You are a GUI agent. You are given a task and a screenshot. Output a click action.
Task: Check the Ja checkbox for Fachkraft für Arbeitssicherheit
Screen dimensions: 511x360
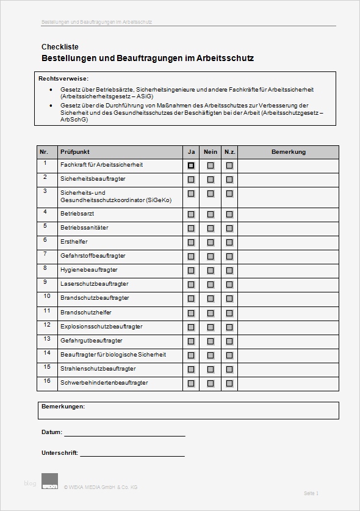[191, 165]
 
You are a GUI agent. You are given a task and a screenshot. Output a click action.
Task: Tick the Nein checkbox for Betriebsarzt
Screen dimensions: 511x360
[211, 214]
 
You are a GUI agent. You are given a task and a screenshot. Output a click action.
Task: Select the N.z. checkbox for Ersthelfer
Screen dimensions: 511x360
[229, 242]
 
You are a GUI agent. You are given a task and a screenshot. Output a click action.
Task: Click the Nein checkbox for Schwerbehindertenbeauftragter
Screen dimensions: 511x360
[211, 383]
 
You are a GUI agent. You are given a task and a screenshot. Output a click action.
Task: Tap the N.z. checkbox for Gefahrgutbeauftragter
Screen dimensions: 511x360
[229, 341]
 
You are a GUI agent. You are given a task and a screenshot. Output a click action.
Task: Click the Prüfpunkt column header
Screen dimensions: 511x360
[75, 152]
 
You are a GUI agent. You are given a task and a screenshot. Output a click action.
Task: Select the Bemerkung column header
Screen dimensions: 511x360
[288, 152]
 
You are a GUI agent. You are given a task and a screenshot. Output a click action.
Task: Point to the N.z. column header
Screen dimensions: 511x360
[229, 152]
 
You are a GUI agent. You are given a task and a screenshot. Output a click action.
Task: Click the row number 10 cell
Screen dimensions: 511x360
[47, 297]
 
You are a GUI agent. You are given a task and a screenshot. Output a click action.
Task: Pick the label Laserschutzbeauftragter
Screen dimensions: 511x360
[94, 284]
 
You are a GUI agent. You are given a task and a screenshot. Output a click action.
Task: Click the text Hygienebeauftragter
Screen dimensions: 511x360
[88, 270]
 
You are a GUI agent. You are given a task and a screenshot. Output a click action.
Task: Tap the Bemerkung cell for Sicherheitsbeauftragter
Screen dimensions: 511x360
[288, 179]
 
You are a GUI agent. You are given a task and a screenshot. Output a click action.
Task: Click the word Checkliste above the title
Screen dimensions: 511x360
[60, 47]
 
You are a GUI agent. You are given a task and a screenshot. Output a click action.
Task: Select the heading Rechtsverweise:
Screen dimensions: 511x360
[63, 79]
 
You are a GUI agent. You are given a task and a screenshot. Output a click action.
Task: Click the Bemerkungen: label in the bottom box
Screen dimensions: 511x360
[63, 407]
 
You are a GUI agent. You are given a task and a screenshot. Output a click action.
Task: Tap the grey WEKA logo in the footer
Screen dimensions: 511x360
[49, 481]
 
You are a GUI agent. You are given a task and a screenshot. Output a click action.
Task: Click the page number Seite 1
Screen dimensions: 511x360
[311, 493]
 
